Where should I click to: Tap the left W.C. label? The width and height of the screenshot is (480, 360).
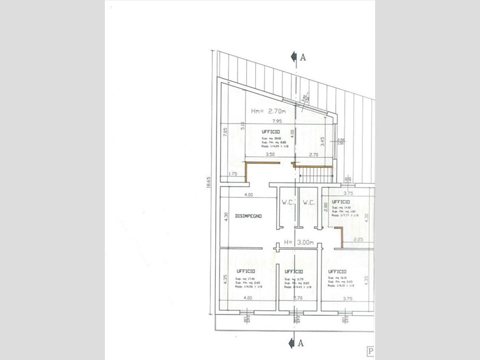(x=287, y=202)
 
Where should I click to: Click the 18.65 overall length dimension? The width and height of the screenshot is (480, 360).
(x=208, y=182)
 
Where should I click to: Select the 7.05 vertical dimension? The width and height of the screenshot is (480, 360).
(x=225, y=133)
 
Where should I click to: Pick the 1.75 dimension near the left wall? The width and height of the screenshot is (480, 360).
(x=232, y=175)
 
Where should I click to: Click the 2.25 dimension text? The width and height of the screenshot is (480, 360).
(x=358, y=239)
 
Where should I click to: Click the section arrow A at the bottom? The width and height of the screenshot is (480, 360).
(x=296, y=343)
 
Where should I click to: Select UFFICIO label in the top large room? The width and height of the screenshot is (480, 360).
(x=270, y=131)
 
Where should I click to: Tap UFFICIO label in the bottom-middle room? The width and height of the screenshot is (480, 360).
(x=293, y=271)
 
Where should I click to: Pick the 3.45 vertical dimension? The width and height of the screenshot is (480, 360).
(x=322, y=141)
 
